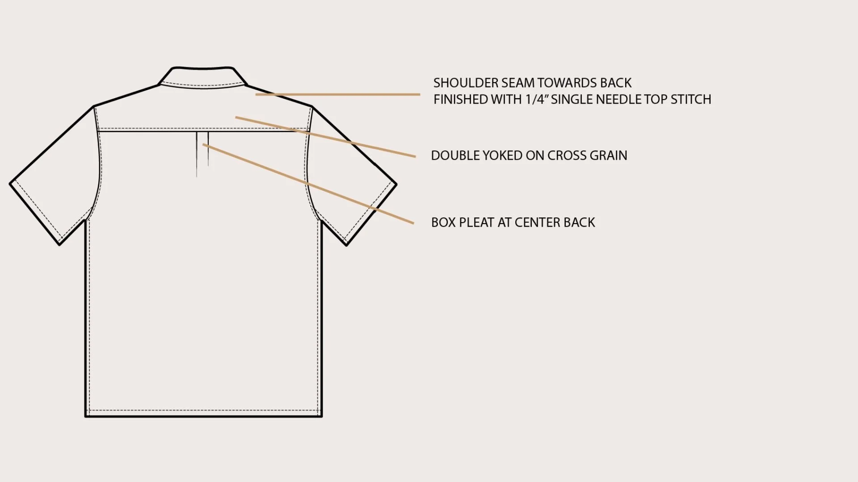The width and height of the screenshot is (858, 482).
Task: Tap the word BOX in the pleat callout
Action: point(443,222)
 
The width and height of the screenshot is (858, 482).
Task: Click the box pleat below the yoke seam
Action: point(202,152)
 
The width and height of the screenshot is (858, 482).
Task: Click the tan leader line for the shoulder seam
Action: point(338,95)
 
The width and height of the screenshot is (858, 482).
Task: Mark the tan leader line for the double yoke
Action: point(325,137)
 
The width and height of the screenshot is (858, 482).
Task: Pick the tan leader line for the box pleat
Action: point(308,183)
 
